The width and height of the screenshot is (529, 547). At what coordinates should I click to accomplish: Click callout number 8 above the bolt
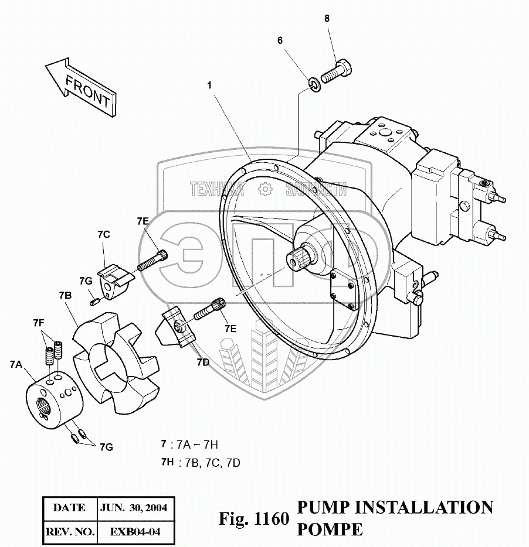(327, 19)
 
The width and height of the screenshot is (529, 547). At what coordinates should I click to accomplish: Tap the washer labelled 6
(314, 86)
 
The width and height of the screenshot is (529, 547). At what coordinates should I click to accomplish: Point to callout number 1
(209, 85)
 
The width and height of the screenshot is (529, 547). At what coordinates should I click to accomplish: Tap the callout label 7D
(202, 363)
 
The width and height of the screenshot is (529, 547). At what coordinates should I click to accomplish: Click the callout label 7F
(39, 323)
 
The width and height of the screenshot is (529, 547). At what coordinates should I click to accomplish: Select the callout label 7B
(65, 296)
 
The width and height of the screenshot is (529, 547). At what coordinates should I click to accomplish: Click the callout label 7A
(16, 364)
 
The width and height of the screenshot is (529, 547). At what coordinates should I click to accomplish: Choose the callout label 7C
(104, 235)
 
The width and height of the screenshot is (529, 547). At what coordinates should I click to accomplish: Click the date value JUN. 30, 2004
(134, 508)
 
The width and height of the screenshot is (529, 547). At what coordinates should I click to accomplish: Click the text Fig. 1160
(254, 519)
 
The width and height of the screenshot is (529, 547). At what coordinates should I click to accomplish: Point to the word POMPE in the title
(330, 529)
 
